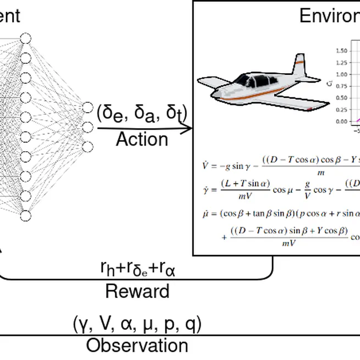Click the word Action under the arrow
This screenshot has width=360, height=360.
coord(142,140)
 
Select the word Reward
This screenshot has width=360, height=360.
coord(137,291)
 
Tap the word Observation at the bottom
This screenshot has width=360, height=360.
coord(137,346)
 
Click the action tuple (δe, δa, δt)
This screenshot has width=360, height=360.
coord(142,113)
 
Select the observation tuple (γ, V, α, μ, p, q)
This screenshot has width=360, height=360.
coord(137,324)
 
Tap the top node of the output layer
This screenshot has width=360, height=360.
coord(87,108)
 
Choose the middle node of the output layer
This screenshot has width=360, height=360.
coord(87,127)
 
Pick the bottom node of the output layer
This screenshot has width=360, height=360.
coord(87,146)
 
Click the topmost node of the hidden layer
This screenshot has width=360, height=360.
coord(25,38)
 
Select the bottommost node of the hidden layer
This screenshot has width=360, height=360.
coord(25,215)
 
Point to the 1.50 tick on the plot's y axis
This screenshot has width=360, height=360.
coord(340,51)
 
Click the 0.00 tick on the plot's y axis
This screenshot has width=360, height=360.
coord(340,121)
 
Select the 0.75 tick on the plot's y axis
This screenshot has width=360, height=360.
coord(340,86)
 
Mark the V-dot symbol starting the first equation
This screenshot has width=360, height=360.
coord(206,164)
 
